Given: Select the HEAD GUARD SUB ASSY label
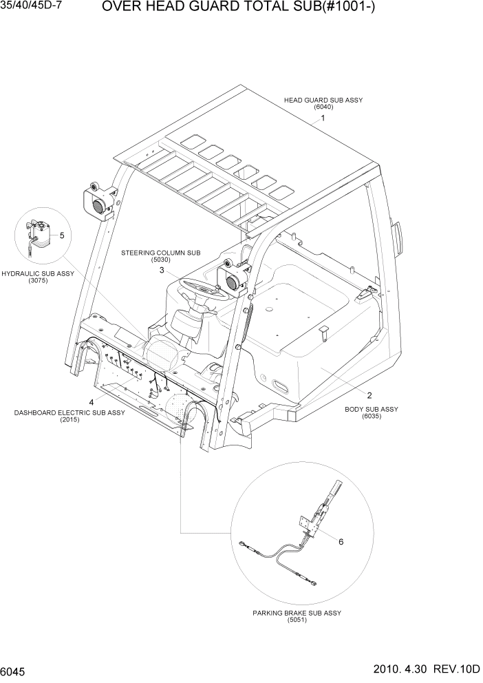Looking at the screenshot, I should point(323,101).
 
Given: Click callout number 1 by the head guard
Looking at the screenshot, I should point(323,118).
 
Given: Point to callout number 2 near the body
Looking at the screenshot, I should point(369,395).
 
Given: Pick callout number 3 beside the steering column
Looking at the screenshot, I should point(162,271).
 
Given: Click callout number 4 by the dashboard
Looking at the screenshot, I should point(90,401).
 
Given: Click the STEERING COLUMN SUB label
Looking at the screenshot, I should point(155,253).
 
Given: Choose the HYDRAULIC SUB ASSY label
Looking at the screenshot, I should point(38,273).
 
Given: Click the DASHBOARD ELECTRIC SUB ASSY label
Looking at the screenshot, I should point(69,412).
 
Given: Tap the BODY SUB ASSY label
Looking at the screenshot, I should point(371,409).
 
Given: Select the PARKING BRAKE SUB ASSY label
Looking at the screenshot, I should point(297,613).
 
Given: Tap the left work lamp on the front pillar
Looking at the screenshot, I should point(96,200).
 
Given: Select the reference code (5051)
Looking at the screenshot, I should point(297,620).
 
